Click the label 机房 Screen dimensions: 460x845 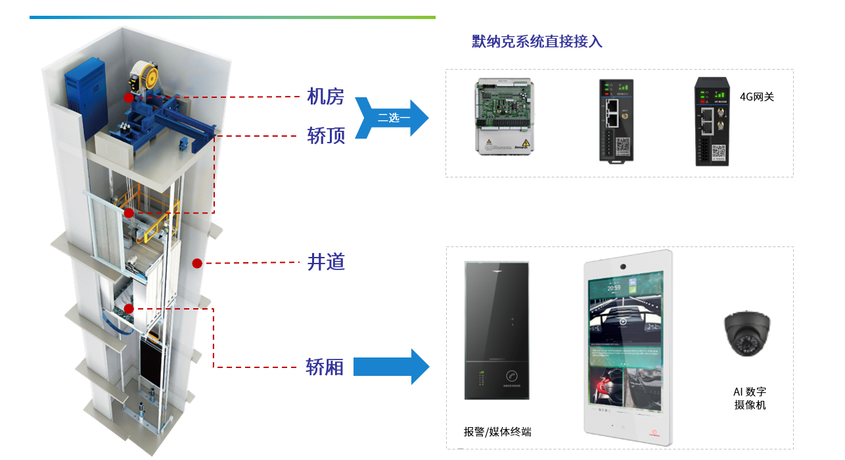[326, 97]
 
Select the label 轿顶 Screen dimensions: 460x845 [326, 135]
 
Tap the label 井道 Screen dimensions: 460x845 [326, 262]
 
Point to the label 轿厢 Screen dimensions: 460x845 [325, 367]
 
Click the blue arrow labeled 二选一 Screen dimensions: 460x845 [392, 118]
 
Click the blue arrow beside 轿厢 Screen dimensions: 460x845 [391, 366]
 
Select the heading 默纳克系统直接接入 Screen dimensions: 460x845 [537, 42]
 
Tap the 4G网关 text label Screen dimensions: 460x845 [757, 97]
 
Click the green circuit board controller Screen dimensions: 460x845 [503, 117]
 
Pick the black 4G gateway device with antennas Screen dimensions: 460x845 [712, 122]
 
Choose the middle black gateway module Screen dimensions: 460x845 [616, 120]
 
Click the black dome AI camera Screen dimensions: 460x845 [747, 334]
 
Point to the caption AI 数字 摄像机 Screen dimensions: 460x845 [750, 398]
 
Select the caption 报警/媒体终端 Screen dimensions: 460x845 [497, 432]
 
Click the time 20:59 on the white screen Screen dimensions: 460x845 [614, 287]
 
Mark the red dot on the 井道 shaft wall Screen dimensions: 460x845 [196, 264]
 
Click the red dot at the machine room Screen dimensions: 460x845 [129, 97]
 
